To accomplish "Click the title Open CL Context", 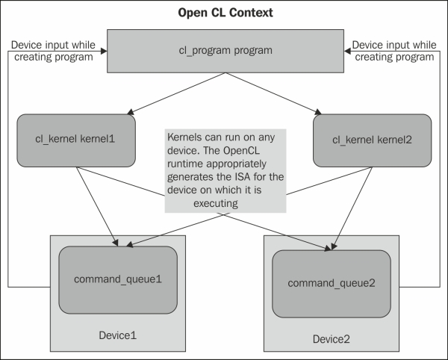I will pyautogui.click(x=225, y=13).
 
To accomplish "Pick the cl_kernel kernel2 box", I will pyautogui.click(x=374, y=140).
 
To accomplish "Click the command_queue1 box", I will pyautogui.click(x=117, y=278).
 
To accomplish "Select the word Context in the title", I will pyautogui.click(x=250, y=13).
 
